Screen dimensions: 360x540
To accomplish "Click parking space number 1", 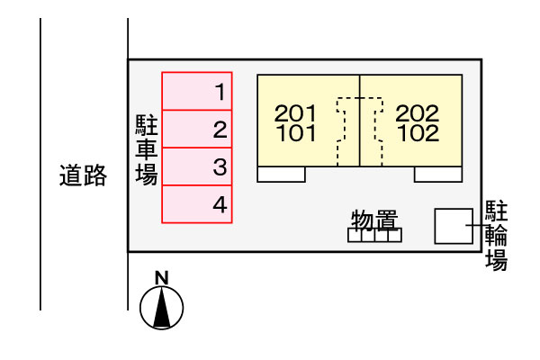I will point(197,91).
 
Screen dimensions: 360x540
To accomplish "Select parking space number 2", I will point(197,129).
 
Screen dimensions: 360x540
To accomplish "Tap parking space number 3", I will point(197,166).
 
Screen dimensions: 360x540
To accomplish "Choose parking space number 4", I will point(197,204).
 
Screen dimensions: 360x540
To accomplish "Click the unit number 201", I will point(295,113).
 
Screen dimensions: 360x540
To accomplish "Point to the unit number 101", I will point(295,134).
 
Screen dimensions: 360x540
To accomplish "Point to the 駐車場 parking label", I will point(146,148).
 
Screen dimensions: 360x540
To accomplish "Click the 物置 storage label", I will point(374,220).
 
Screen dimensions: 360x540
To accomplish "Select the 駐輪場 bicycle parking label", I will point(496,236).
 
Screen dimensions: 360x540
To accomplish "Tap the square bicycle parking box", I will point(453,226).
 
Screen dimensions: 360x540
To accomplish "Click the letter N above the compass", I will point(161,277).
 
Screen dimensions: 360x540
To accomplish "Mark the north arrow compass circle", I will point(162,308).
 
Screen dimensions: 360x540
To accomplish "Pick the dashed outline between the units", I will point(360,130).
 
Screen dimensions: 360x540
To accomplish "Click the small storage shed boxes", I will point(374,236).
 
